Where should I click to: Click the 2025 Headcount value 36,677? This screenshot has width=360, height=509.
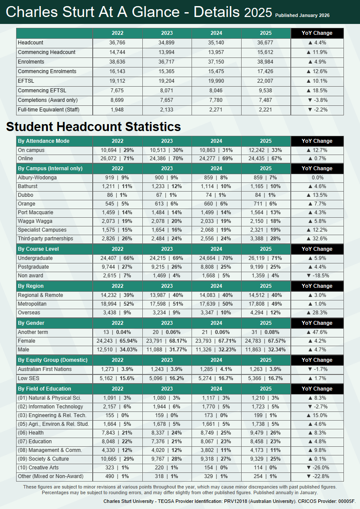(x=266, y=43)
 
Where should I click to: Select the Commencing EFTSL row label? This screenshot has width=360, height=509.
(x=42, y=91)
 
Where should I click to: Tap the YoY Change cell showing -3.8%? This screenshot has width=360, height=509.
(x=317, y=100)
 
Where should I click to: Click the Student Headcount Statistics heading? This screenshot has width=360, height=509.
(x=93, y=127)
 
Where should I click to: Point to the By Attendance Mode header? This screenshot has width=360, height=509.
(x=44, y=141)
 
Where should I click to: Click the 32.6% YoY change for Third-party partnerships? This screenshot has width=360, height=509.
(x=317, y=239)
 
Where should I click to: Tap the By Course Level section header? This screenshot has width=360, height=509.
(x=38, y=249)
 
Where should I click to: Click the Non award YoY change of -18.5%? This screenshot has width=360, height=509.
(x=317, y=276)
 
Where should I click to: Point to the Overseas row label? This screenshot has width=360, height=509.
(x=29, y=313)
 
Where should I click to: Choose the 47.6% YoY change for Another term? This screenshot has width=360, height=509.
(x=317, y=332)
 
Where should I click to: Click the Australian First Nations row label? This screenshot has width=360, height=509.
(x=45, y=369)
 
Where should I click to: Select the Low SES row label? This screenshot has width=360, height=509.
(x=29, y=378)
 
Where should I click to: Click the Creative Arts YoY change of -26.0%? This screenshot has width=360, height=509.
(x=317, y=468)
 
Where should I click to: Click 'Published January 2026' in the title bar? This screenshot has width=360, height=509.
(x=302, y=16)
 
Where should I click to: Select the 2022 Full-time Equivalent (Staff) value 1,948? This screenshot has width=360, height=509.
(x=118, y=110)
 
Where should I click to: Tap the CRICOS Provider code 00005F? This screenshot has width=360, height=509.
(x=347, y=501)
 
